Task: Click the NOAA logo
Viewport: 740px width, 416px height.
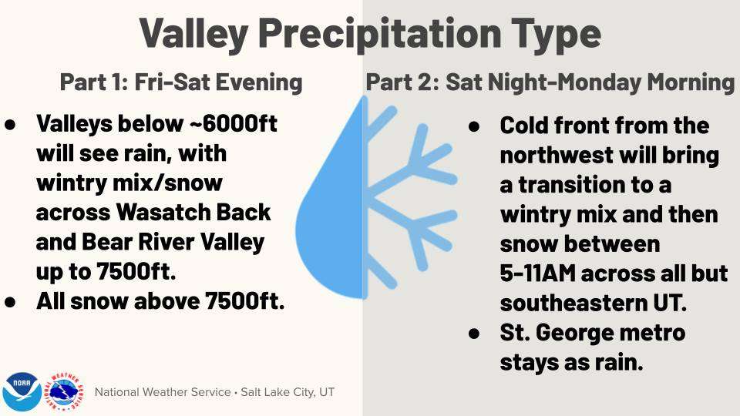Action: [22, 391]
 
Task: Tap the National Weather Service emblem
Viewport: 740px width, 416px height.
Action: [64, 391]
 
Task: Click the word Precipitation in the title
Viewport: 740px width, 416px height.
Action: [379, 35]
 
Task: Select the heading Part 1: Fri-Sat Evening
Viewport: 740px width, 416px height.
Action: [181, 82]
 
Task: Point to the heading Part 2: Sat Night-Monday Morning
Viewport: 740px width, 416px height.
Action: [550, 82]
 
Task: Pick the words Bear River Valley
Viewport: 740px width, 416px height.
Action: [173, 242]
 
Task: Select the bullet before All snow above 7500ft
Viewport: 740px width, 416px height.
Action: [10, 302]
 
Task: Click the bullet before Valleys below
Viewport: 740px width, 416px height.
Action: [10, 125]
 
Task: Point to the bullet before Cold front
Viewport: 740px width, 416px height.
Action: [474, 126]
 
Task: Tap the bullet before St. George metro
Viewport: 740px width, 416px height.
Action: [474, 334]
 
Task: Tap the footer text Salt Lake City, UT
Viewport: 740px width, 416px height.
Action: [288, 392]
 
